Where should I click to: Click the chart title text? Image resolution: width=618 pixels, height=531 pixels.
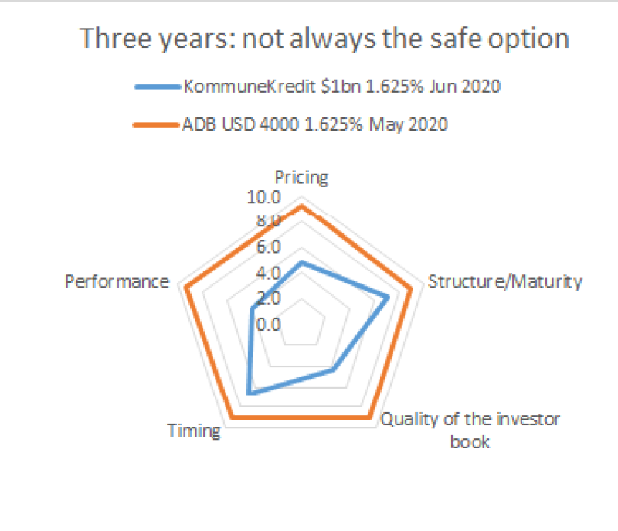coord(325,39)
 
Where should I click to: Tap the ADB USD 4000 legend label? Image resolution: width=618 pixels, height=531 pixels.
coord(316,124)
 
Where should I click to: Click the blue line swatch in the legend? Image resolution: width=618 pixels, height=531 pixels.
coord(157,87)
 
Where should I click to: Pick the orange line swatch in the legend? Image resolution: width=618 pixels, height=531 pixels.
coord(157,124)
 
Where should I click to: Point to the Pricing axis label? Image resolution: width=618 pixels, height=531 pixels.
coord(301,178)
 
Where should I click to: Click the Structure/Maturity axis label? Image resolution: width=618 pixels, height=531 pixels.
coord(504,281)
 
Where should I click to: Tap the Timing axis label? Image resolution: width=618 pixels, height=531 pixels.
coord(194,430)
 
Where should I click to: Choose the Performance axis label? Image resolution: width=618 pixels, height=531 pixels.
coord(117,281)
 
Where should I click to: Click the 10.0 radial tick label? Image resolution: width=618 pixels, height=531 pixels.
coord(263,198)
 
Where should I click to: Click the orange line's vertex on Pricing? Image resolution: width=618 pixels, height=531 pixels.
coord(302,206)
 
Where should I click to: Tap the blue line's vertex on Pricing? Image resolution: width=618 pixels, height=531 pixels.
coord(302,263)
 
